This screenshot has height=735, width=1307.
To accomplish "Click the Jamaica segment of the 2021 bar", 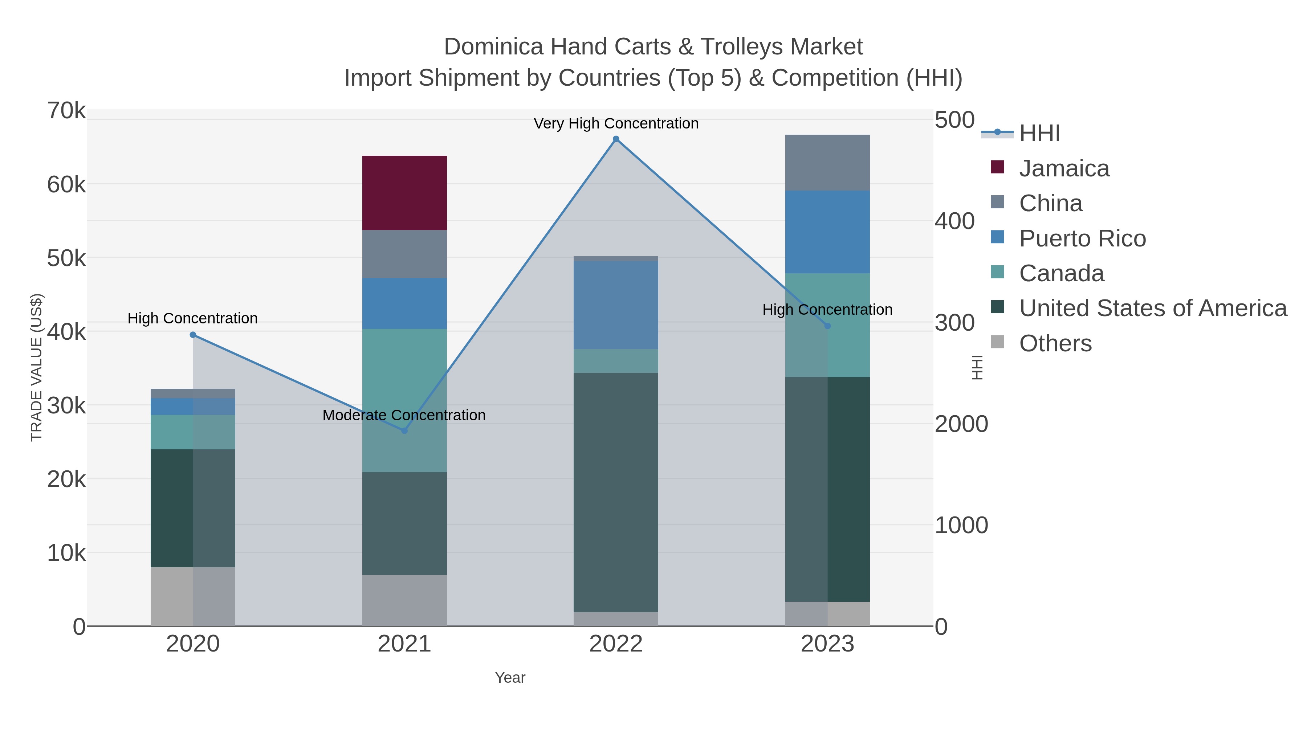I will [404, 193].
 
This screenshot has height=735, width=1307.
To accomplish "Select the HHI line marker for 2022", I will [616, 139].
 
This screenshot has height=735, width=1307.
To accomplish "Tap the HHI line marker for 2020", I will [193, 335].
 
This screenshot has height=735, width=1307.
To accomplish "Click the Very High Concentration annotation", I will [616, 123].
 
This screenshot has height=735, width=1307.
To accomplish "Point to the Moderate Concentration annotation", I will [404, 415].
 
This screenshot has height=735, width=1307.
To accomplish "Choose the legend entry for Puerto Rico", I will [1082, 238].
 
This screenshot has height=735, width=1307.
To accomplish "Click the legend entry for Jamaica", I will [1064, 168].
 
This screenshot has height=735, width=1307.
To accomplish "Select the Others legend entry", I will [1055, 343].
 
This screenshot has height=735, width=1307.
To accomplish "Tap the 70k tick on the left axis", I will [66, 111].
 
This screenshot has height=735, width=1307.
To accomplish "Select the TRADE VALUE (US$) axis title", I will [37, 367].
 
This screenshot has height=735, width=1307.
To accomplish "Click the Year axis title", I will [510, 678].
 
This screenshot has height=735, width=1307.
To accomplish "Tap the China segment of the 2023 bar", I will [827, 162].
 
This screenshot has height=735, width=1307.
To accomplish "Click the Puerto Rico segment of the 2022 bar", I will [616, 305].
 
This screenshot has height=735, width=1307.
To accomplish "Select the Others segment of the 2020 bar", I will [193, 596].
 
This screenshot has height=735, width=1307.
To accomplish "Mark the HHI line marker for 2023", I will [827, 326].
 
